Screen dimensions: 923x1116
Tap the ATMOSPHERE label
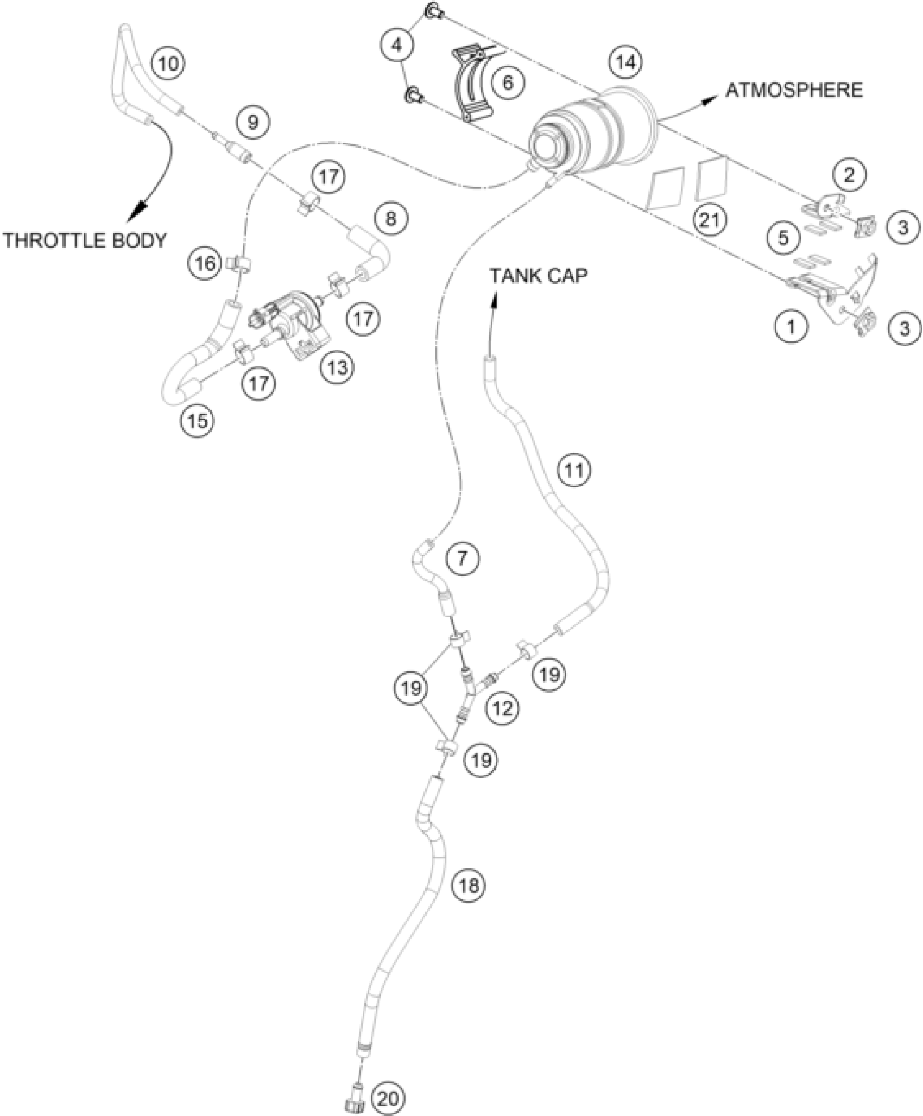coord(794,90)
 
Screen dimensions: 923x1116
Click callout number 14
coord(625,62)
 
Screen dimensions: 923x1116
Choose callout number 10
coord(168,64)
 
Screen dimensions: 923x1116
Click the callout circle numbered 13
coord(337,367)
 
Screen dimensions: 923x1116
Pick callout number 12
coord(503,707)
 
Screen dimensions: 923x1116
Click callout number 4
coord(397,46)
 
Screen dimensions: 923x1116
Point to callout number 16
coord(205,264)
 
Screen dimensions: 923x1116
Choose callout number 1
coord(791,327)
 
